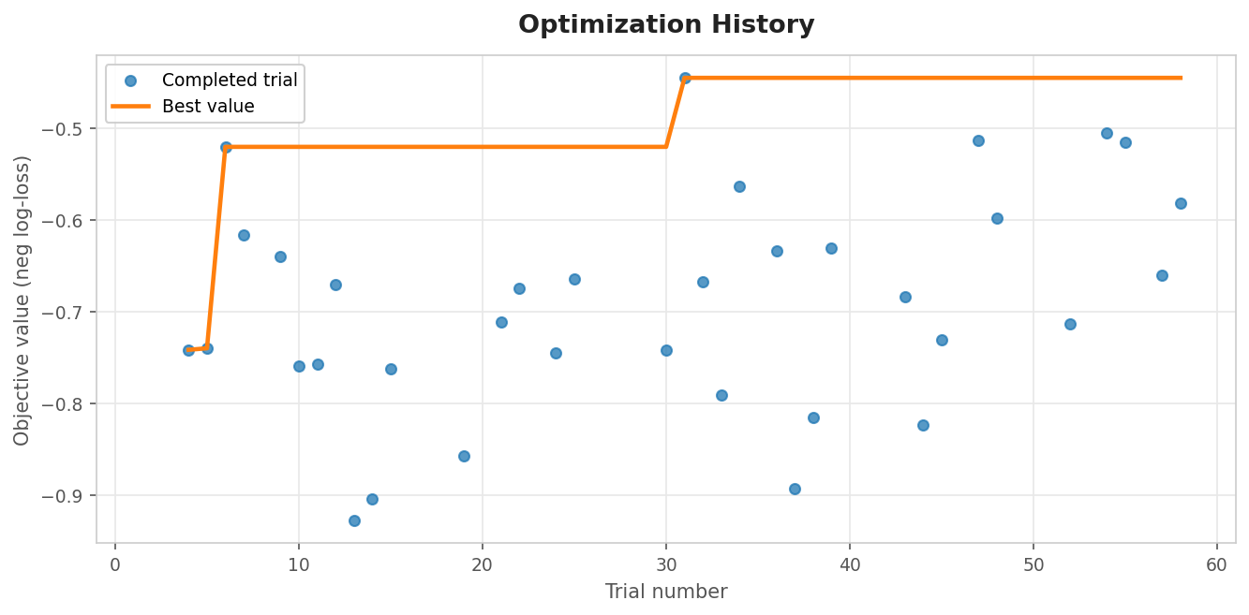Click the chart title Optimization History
[666, 25]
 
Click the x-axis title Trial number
[666, 592]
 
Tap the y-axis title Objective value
[22, 300]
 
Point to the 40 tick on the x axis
[850, 565]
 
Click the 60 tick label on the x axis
[1217, 565]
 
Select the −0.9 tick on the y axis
[67, 496]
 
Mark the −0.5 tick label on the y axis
[67, 129]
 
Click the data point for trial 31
[685, 78]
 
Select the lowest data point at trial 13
[354, 520]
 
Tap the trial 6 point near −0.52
[226, 147]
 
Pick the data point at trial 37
[795, 489]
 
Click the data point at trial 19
[464, 456]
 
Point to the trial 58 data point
[1181, 203]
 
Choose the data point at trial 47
[978, 140]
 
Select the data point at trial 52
[1070, 324]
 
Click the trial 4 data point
[188, 350]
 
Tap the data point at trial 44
[923, 425]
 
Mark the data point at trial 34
[739, 186]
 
